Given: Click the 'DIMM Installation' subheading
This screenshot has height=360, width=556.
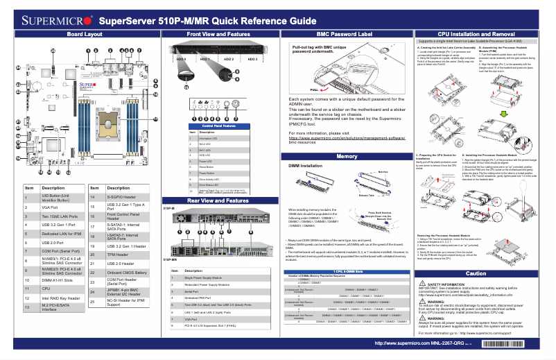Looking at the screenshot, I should [309, 167].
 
